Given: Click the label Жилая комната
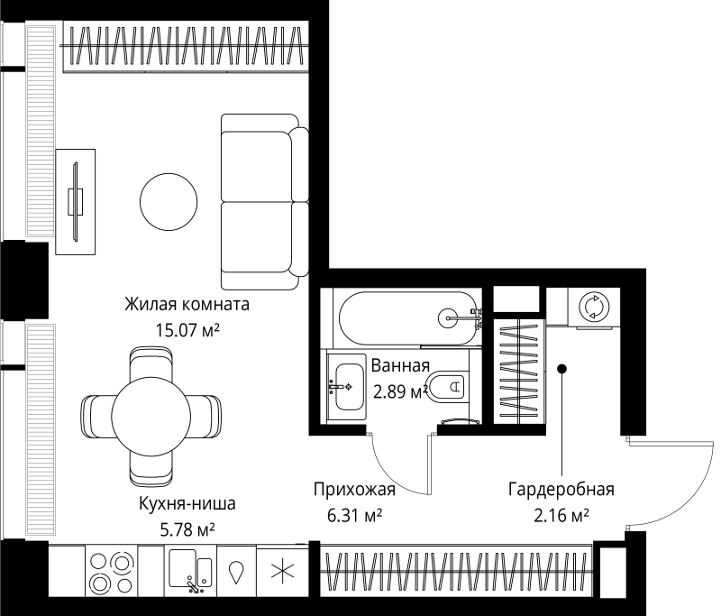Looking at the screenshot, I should click(x=187, y=304).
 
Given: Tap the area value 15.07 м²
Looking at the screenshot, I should click(x=187, y=331).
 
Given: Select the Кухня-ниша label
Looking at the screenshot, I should click(x=187, y=503).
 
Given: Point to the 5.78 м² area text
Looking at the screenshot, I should click(x=187, y=529).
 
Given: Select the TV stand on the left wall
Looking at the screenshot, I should click(x=76, y=199).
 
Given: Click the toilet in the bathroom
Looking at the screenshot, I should click(x=447, y=389).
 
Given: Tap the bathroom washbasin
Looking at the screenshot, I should click(x=347, y=386).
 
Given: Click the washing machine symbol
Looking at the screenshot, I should click(x=594, y=307).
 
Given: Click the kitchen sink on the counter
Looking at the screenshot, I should click(x=190, y=571).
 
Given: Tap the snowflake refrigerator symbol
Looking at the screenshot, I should click(x=282, y=572).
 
